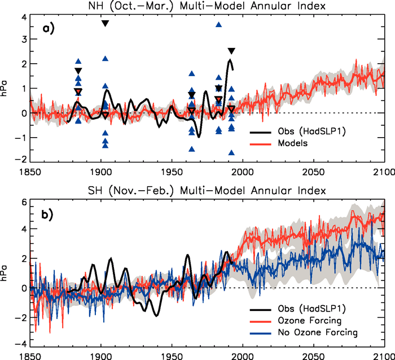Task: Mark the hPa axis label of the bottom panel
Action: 5,274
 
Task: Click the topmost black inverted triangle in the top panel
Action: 105,23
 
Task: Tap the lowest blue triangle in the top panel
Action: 231,152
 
